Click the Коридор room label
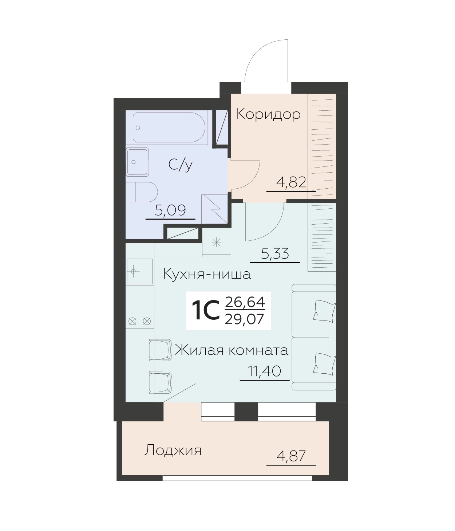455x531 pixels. coord(268,115)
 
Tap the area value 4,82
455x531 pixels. coord(291,183)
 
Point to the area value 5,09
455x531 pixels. coord(170,211)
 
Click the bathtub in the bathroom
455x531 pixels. coord(169,127)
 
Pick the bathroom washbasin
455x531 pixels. coord(137,162)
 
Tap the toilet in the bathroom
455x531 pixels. coord(142,192)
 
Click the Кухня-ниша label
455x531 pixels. coord(207,274)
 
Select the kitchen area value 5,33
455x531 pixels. coord(275,253)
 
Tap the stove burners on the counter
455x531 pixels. coord(140,321)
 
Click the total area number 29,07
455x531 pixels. coord(244,319)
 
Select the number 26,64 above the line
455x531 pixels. coord(245,302)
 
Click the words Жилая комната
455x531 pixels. coord(232,350)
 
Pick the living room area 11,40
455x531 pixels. coord(265,371)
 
